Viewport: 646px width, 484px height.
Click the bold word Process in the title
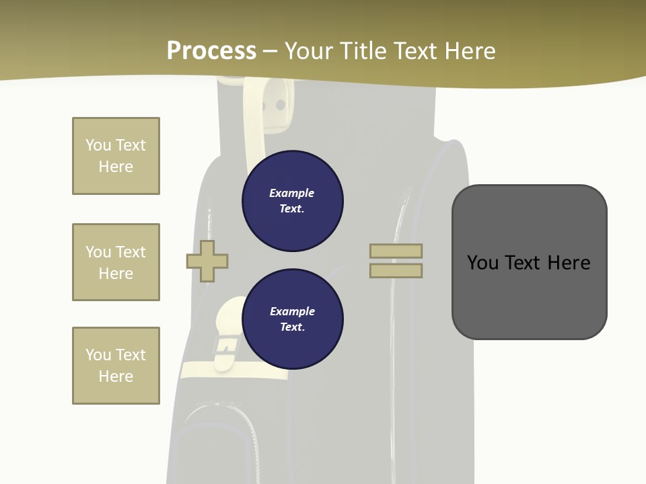pos(211,51)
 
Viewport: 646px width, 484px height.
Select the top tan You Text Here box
pos(116,156)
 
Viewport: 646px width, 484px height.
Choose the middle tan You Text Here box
pos(116,262)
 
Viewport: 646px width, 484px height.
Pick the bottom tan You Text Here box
pos(116,366)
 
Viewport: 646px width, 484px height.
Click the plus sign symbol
pos(207,261)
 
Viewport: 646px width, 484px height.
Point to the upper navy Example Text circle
pos(293,201)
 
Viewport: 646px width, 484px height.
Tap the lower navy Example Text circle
pos(293,319)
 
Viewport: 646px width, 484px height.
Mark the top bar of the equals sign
pos(396,251)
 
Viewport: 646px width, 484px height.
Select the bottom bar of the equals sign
pos(396,271)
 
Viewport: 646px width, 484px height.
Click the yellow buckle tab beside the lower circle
pos(227,333)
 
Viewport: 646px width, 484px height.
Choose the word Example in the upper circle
pos(292,194)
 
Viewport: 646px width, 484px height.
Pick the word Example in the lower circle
pos(292,312)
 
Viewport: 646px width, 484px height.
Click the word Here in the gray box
pos(569,263)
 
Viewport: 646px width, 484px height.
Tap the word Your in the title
pos(308,51)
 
